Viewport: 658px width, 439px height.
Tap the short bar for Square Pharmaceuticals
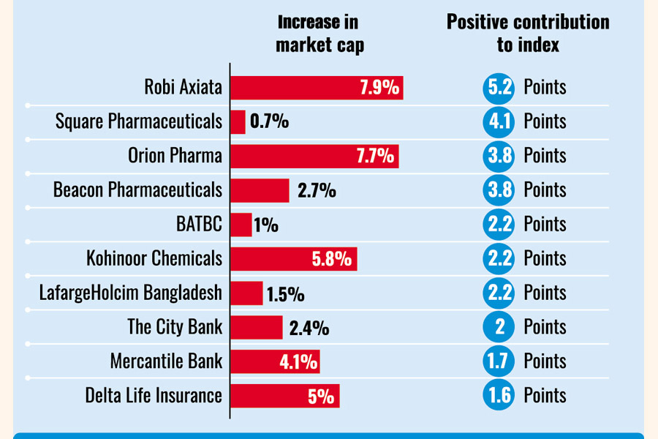(x=238, y=121)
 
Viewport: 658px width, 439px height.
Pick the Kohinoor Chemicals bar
(x=293, y=259)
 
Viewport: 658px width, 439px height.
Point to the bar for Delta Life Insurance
(x=284, y=396)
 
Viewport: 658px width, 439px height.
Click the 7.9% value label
(x=379, y=88)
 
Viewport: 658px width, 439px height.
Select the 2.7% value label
(x=317, y=191)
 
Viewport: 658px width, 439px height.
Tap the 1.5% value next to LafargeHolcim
(x=285, y=294)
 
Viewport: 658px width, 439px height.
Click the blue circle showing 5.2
(x=499, y=88)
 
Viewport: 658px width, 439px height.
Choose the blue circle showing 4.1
(x=499, y=121)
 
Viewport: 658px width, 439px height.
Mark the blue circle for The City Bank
(x=499, y=327)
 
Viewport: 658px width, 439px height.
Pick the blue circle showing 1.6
(x=499, y=396)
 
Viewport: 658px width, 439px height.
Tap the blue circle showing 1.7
(x=499, y=361)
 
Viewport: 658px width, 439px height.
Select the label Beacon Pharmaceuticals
(x=137, y=190)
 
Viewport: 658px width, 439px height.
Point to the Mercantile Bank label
(x=166, y=361)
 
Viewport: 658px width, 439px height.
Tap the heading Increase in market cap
(x=319, y=34)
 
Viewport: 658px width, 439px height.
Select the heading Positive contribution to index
(x=528, y=33)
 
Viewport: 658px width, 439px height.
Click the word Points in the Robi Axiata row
(x=545, y=88)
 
